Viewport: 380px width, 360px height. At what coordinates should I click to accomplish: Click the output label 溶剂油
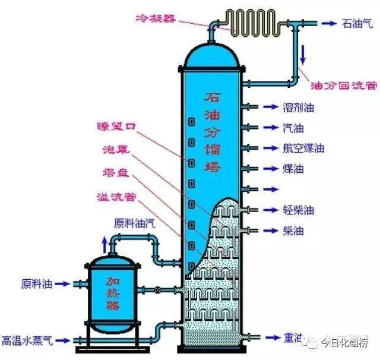(x=298, y=108)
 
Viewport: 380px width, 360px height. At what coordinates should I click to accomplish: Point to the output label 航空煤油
(x=303, y=148)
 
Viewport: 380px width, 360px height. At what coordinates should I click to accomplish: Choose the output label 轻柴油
(x=298, y=210)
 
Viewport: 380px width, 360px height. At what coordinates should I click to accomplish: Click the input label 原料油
(x=36, y=283)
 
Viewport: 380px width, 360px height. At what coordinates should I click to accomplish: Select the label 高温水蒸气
(x=27, y=341)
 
